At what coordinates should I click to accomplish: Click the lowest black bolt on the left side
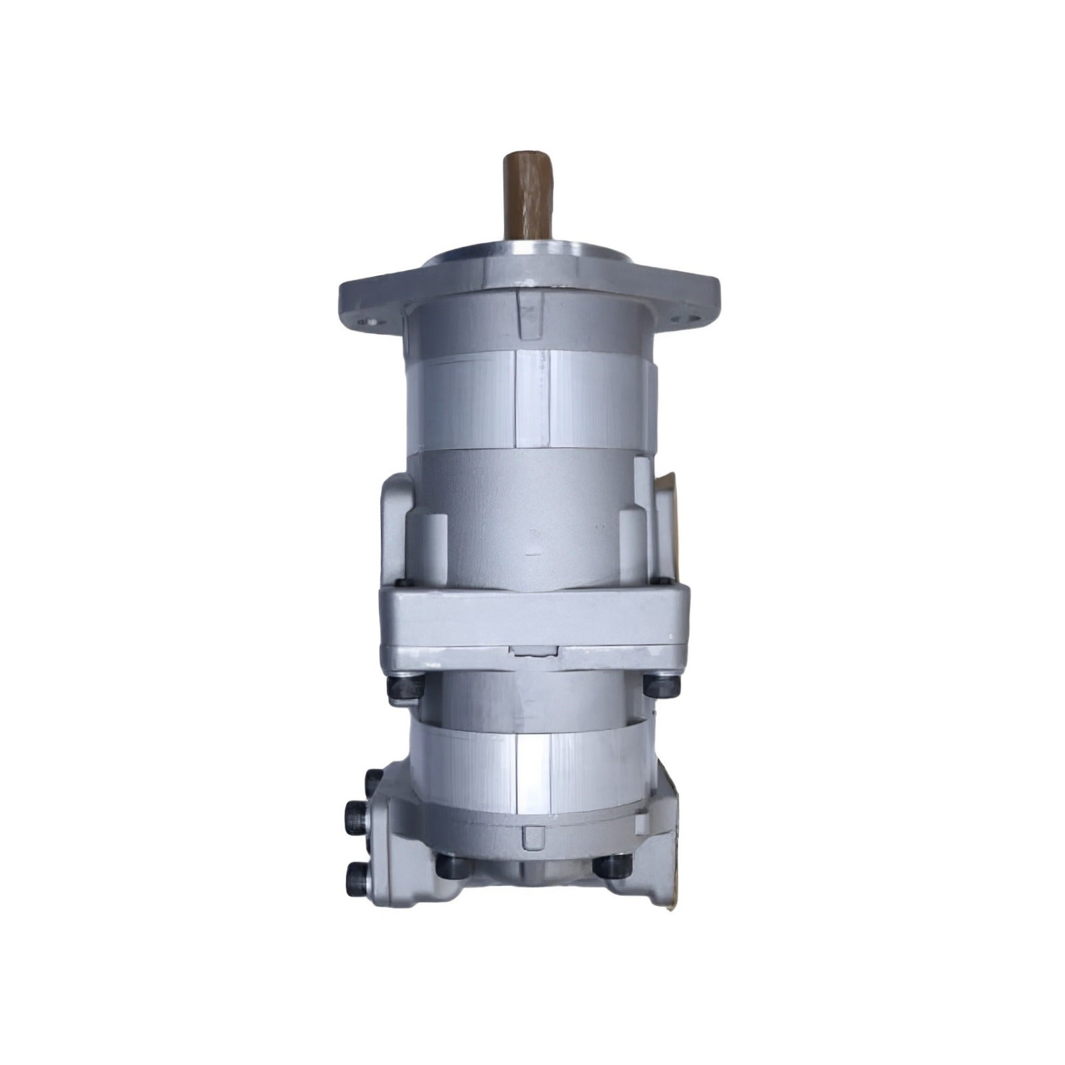[x=355, y=879]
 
